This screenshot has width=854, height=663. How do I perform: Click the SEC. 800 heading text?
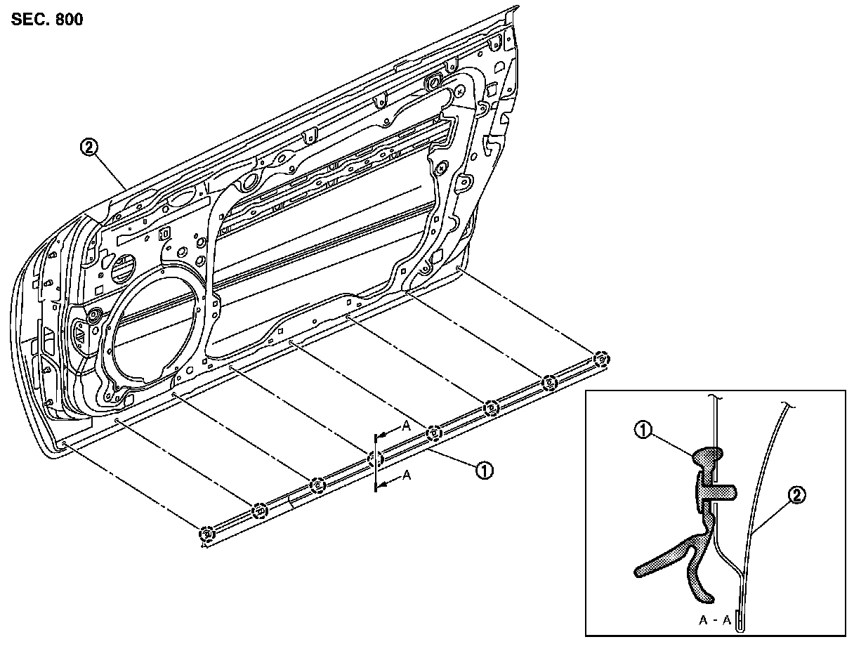point(47,19)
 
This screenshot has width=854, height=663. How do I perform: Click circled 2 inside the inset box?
point(796,496)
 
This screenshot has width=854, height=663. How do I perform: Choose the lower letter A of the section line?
point(405,475)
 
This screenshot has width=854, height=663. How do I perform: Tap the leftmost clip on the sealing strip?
point(206,534)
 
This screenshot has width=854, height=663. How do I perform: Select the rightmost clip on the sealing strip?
point(600,359)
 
